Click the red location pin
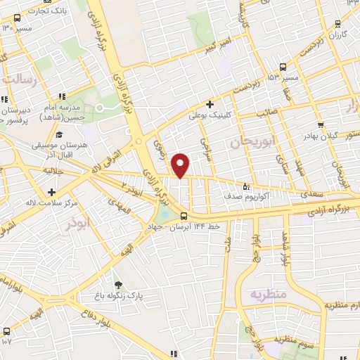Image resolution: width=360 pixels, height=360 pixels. pos(181,165)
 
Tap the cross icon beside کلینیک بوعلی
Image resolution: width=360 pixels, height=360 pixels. pos(210,104)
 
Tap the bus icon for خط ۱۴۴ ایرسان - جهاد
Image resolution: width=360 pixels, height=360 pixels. pos(184,216)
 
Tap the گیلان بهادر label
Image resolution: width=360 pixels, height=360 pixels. pos(336,134)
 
